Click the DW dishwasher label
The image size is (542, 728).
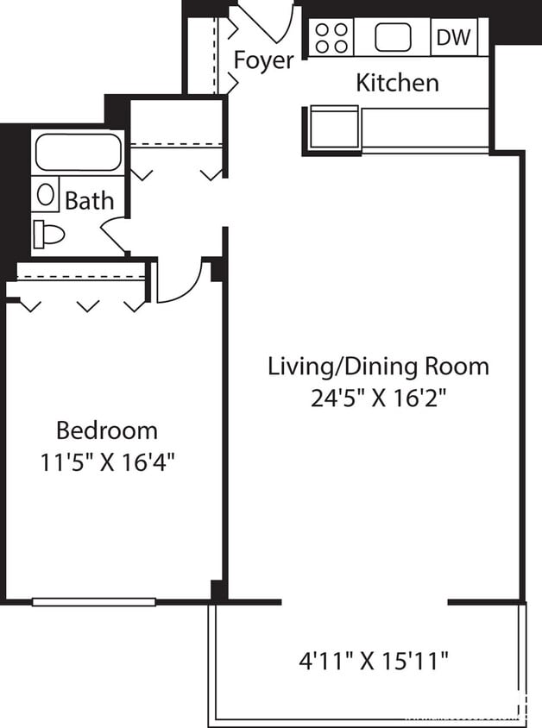[454, 37]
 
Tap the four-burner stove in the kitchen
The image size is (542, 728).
[331, 37]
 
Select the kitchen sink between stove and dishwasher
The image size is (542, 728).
[393, 37]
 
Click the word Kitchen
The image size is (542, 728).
[397, 83]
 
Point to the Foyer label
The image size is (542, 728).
[263, 61]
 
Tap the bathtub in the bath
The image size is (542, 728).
[78, 152]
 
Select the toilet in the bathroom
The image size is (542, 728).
[49, 233]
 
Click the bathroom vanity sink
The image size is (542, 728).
[46, 193]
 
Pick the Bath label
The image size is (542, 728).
[90, 202]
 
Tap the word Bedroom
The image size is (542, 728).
[107, 430]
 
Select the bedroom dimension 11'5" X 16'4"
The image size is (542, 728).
[107, 461]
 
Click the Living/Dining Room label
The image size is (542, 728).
[378, 366]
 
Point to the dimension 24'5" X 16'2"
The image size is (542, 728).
[378, 398]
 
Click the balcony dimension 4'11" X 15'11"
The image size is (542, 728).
[374, 662]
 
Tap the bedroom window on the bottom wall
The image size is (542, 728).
[94, 601]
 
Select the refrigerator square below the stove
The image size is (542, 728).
[332, 128]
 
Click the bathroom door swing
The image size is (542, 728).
[114, 232]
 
